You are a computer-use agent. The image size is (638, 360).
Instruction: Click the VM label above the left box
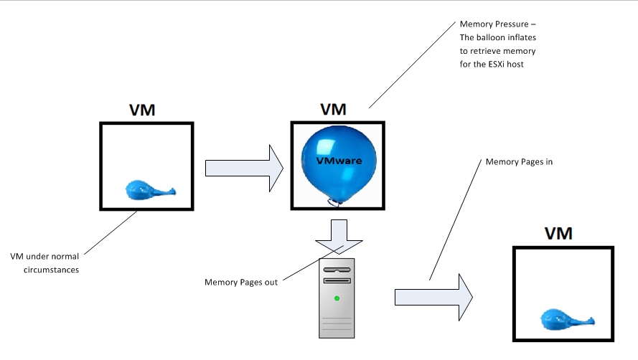click(x=142, y=110)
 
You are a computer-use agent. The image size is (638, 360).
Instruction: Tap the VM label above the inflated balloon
click(x=332, y=110)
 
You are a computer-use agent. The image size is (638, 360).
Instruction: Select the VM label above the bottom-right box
click(x=558, y=233)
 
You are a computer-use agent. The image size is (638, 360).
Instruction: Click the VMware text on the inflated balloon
click(x=339, y=161)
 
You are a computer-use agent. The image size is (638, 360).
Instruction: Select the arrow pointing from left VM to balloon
click(x=244, y=167)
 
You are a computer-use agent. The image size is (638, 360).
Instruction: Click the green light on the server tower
click(x=335, y=297)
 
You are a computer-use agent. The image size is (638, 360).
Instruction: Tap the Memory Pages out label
click(x=241, y=282)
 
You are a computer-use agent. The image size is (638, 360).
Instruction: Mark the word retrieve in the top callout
click(x=487, y=52)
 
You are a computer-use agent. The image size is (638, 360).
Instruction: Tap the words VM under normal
click(x=44, y=257)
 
